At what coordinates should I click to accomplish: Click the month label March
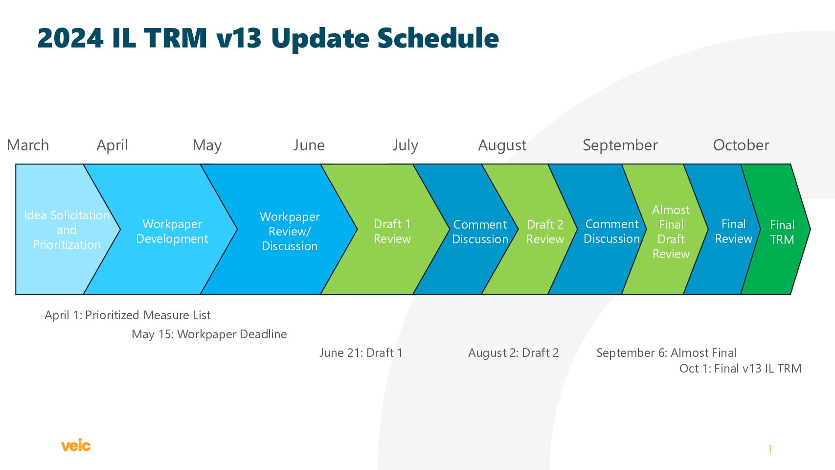pos(28,145)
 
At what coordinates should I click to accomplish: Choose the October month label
pos(741,145)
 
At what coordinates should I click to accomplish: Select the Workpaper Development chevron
pos(164,230)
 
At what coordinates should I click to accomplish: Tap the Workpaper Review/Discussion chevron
pos(283,230)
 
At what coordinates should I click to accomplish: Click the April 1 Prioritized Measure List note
pos(128,316)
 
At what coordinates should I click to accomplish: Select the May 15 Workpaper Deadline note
pos(209,334)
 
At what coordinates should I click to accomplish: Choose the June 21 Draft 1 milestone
pos(361,353)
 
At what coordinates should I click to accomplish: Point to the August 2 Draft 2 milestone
pos(513,353)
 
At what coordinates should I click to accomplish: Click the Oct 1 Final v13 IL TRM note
pos(740,369)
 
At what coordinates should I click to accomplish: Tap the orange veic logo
pos(76,446)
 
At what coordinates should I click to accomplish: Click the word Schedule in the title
pos(438,38)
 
